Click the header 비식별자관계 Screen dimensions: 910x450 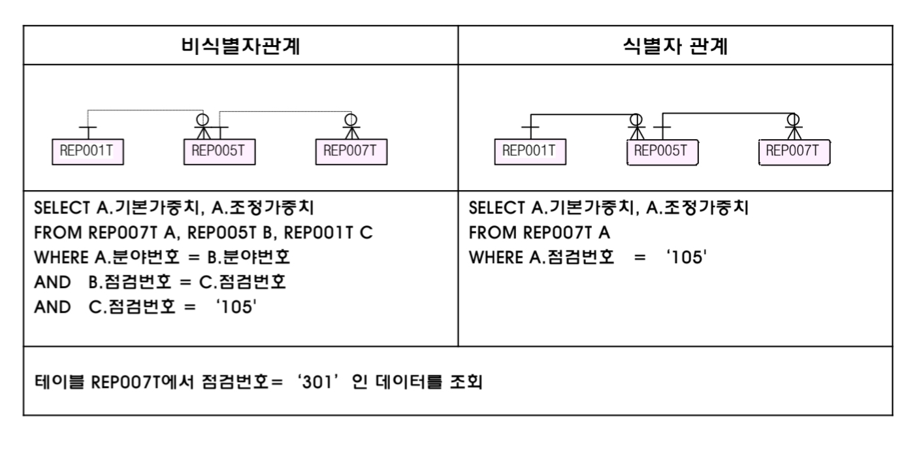pos(240,46)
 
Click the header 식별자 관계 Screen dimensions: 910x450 pos(675,46)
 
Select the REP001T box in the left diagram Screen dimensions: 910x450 pos(88,152)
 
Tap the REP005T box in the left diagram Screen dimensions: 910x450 pos(219,152)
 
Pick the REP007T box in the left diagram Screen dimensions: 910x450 pos(351,152)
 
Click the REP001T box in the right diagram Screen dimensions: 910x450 pos(530,152)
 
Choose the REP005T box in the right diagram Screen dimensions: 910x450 pos(662,152)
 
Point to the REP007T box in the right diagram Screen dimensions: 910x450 pos(794,152)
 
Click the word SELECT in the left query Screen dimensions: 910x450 pos(62,208)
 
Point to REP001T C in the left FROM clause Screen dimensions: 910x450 pos(328,233)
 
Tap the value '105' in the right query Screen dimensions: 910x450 pos(686,257)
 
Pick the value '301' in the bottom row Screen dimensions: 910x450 pos(318,382)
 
